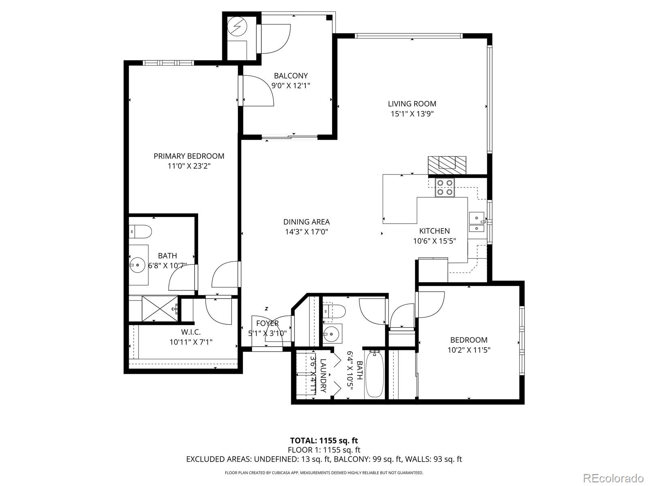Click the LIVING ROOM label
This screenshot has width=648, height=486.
click(412, 104)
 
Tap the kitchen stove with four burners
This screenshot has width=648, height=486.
click(445, 188)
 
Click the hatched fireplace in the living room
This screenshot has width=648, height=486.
click(447, 165)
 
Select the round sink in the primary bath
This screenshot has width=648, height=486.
click(138, 266)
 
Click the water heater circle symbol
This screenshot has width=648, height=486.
click(237, 27)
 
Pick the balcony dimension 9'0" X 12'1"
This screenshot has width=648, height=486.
click(290, 85)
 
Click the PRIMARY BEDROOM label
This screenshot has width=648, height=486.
click(189, 156)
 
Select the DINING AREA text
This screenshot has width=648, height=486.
click(306, 222)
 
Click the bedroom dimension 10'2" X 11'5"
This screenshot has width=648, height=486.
click(469, 350)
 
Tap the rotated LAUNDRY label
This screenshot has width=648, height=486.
click(323, 375)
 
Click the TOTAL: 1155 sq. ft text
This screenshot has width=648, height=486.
click(324, 440)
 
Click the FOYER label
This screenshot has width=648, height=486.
click(268, 323)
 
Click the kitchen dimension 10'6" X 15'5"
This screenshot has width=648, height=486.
click(434, 241)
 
